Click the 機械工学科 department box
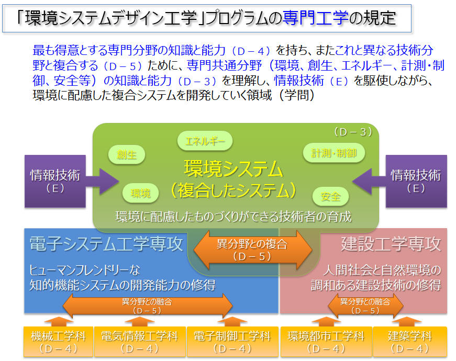pyautogui.click(x=58, y=342)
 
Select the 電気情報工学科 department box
pyautogui.click(x=140, y=342)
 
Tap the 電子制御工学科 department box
pyautogui.click(x=232, y=342)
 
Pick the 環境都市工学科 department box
pyautogui.click(x=326, y=342)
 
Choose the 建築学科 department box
pyautogui.click(x=410, y=342)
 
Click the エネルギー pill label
pyautogui.click(x=205, y=141)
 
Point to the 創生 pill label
pyautogui.click(x=127, y=154)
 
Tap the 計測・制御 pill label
pyautogui.click(x=334, y=153)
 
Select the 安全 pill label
pyautogui.click(x=330, y=197)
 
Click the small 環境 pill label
pyautogui.click(x=140, y=193)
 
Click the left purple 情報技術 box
pyautogui.click(x=55, y=181)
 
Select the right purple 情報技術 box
pyautogui.click(x=416, y=181)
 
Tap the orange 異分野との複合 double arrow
pyautogui.click(x=253, y=250)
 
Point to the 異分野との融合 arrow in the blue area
pyautogui.click(x=148, y=306)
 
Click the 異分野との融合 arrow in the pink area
pyautogui.click(x=365, y=306)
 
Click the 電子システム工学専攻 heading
pyautogui.click(x=106, y=244)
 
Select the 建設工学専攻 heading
pyautogui.click(x=391, y=244)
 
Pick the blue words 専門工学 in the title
pyautogui.click(x=316, y=17)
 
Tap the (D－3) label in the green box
pyautogui.click(x=353, y=132)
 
